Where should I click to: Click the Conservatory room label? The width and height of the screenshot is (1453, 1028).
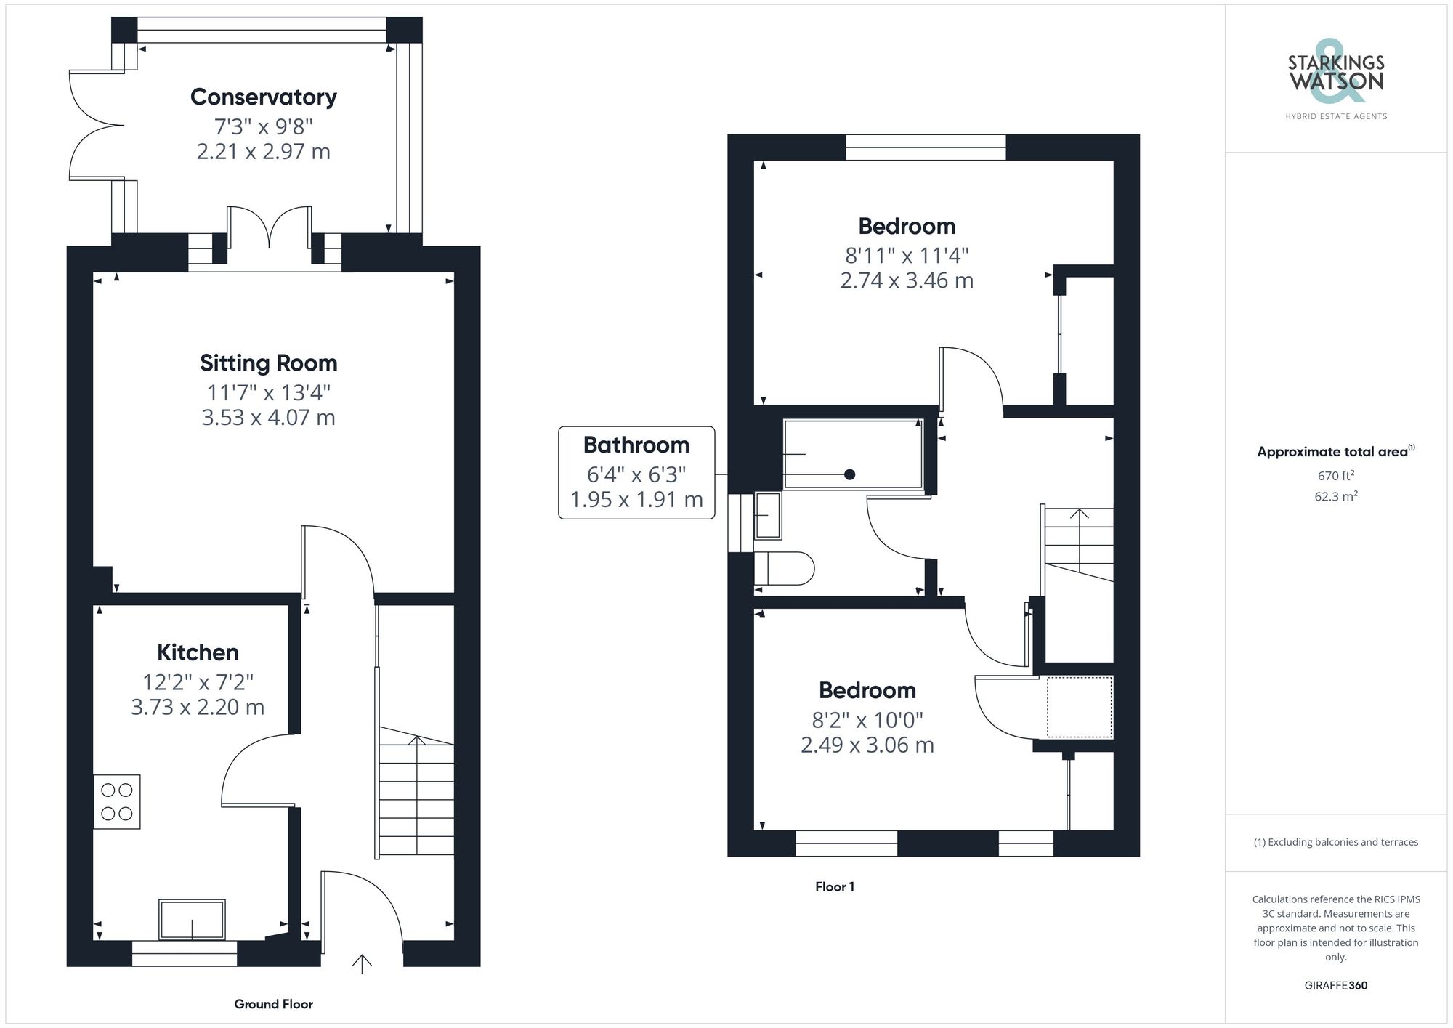(x=264, y=97)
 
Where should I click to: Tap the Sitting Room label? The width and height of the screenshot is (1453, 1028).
(x=269, y=363)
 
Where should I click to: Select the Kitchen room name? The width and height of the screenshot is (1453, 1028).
(x=198, y=652)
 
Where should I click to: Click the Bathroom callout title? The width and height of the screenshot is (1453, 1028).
(x=636, y=445)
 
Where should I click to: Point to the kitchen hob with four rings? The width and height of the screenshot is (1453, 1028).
(x=117, y=802)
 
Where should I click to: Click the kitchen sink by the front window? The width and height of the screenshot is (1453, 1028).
(x=193, y=920)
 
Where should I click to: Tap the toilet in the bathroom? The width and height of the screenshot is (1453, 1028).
(x=784, y=569)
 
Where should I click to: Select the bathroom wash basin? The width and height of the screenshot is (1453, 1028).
(x=768, y=515)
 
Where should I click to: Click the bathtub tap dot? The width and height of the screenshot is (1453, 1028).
(x=849, y=474)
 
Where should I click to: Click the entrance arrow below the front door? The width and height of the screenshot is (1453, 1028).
(x=362, y=964)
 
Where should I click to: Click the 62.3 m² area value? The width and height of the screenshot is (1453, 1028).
(x=1336, y=497)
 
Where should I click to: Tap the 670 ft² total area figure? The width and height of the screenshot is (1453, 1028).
(x=1336, y=476)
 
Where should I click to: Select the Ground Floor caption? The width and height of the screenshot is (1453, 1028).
(x=273, y=1004)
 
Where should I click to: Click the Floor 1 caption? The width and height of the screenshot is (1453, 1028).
(x=835, y=886)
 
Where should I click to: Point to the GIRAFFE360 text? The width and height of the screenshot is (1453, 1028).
(x=1336, y=985)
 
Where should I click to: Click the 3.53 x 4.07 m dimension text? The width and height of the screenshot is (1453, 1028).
(x=269, y=418)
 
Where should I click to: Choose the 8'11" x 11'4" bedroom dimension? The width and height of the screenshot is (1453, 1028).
(x=907, y=256)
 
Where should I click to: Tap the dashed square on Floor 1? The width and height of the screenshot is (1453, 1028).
(x=1080, y=706)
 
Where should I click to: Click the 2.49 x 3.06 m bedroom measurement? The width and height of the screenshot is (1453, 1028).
(x=867, y=745)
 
